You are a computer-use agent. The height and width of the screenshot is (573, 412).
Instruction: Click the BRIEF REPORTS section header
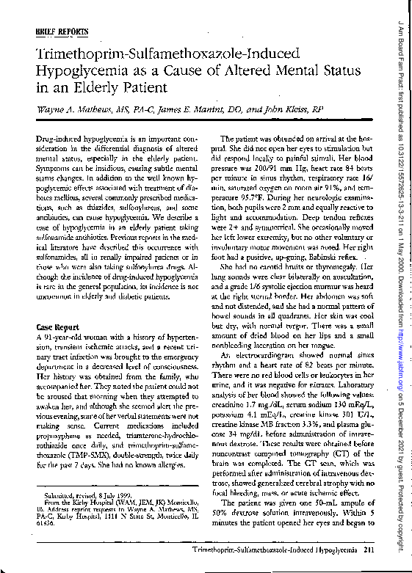click(62, 32)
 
